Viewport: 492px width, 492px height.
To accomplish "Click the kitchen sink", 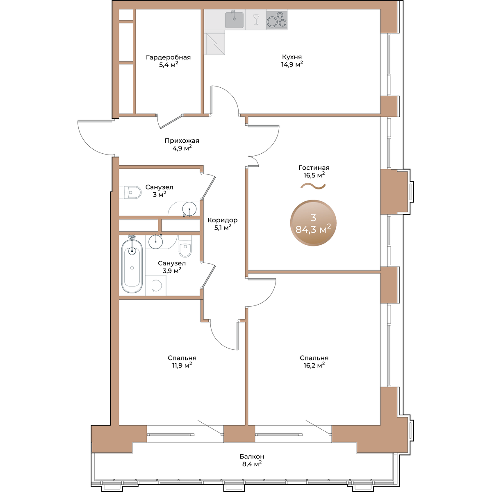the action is pos(234,20).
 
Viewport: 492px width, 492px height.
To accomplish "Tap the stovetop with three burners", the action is pos(276,20).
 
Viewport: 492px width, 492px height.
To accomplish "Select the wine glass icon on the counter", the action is pos(256,19).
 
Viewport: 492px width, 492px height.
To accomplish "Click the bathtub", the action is pos(132,266).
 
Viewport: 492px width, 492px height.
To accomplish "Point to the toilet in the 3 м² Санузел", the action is pos(130,192).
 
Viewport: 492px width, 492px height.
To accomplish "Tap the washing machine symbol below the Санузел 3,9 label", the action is pos(156,285).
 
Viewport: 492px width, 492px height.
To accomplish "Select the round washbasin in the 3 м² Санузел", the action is pos(189,209).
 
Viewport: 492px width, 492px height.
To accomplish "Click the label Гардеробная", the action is pos(168,57).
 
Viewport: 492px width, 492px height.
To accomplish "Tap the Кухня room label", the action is pos(292,57).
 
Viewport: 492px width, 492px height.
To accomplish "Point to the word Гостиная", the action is pos(314,168).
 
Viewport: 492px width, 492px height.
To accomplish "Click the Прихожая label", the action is pos(182,141).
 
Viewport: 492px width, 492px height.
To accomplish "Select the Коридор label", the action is pos(222,220).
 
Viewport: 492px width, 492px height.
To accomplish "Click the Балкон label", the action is pos(252,456).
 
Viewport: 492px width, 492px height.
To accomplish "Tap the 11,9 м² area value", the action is pos(182,365).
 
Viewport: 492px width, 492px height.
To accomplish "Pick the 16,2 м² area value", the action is pos(314,365).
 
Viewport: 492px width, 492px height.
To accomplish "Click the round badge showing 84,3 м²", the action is pos(313,223).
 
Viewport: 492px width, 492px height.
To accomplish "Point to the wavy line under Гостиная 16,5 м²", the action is pos(313,187).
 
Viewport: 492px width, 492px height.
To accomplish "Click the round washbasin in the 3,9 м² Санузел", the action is pos(155,241).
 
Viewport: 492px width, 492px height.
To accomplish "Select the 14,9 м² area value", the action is pos(292,64).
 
